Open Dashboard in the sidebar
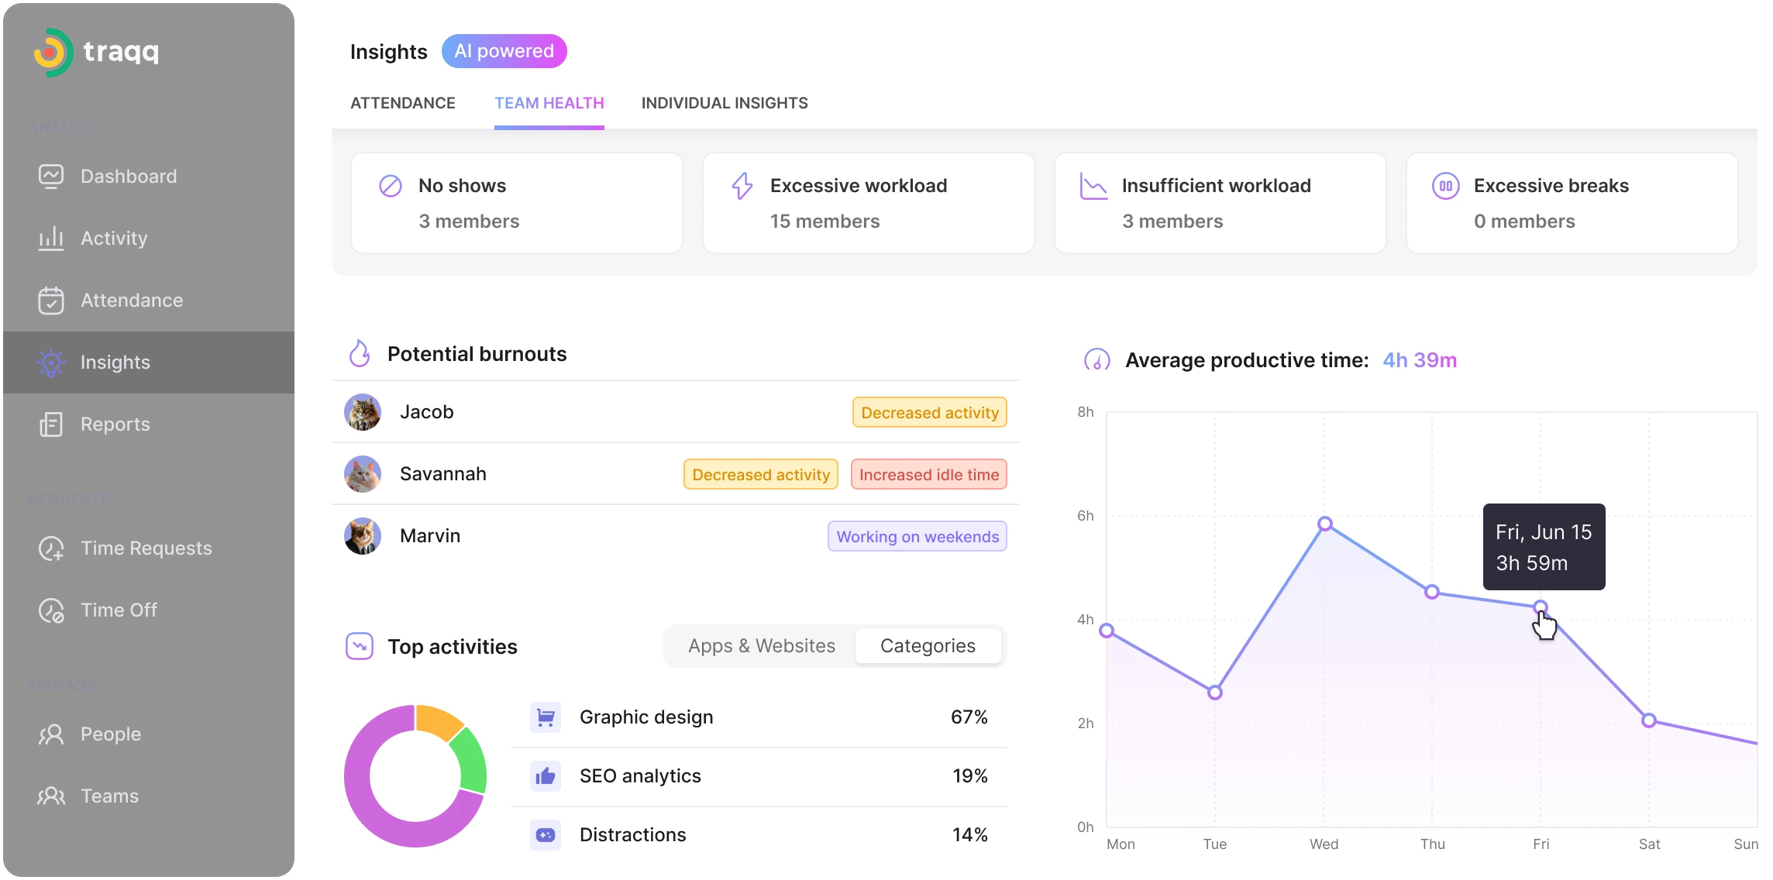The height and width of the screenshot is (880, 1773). click(x=128, y=177)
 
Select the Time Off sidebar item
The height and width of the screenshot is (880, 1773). click(x=119, y=610)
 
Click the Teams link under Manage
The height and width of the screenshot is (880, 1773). click(x=109, y=796)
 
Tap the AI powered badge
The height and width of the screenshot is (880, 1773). click(x=504, y=51)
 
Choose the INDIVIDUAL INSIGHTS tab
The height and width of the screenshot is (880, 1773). click(x=724, y=103)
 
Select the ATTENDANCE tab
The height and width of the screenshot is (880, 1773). click(x=402, y=103)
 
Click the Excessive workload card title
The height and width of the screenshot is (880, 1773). click(x=858, y=186)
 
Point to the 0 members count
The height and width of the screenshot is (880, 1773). click(x=1523, y=222)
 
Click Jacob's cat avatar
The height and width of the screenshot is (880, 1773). click(x=363, y=412)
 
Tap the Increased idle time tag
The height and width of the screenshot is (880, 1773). click(x=928, y=475)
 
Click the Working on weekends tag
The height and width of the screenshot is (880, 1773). click(x=917, y=537)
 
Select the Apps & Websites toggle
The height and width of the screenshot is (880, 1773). click(x=761, y=646)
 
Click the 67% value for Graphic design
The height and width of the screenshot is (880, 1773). click(x=969, y=717)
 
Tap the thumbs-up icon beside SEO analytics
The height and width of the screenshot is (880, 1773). click(x=546, y=776)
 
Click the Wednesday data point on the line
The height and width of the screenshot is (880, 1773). click(x=1324, y=524)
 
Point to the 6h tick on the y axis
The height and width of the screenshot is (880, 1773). click(x=1085, y=516)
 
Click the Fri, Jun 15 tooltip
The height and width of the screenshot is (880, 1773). click(x=1543, y=547)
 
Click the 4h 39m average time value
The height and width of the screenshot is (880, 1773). click(x=1419, y=360)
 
